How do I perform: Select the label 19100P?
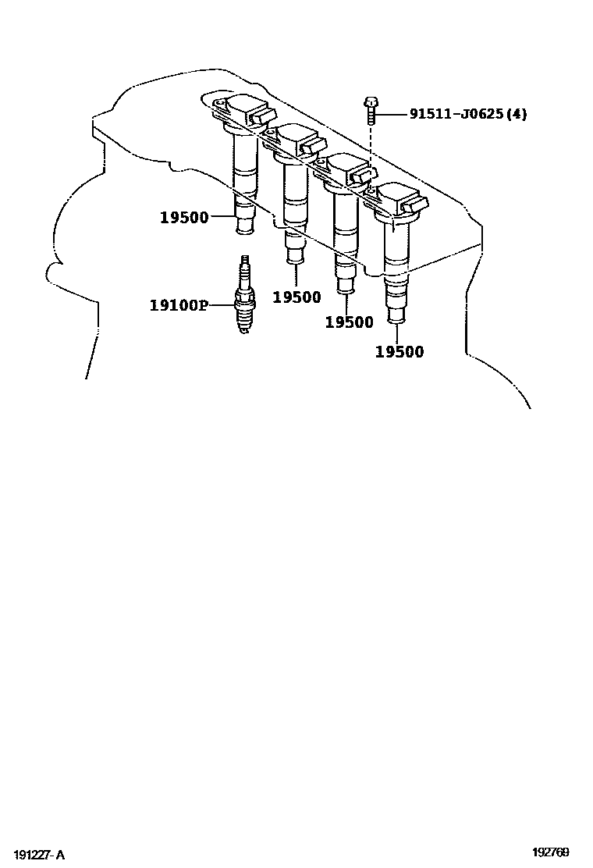[179, 304]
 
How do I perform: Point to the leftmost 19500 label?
[184, 218]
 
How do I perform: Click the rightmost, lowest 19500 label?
[399, 352]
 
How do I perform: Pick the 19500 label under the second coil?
[296, 297]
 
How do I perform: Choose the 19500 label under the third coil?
[349, 322]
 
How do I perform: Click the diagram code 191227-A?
[38, 856]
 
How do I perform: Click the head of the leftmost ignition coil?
[242, 111]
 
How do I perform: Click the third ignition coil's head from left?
[347, 171]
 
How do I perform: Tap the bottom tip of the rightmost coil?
[396, 316]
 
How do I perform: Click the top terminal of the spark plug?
[246, 260]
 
